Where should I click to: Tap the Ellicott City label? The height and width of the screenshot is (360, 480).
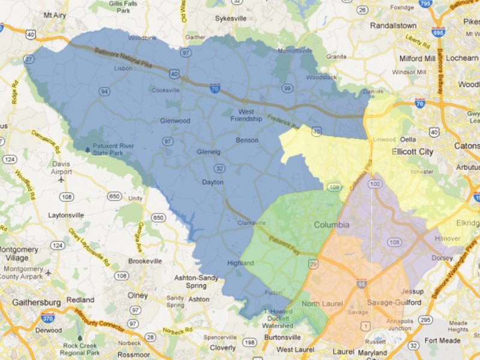click(x=412, y=152)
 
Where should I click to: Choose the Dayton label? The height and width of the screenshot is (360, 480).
click(x=213, y=182)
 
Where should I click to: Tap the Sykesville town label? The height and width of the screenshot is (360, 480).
click(x=231, y=19)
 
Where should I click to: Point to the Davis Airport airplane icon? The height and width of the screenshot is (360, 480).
click(x=61, y=179)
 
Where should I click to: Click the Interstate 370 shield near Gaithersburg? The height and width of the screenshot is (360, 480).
click(x=49, y=315)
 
